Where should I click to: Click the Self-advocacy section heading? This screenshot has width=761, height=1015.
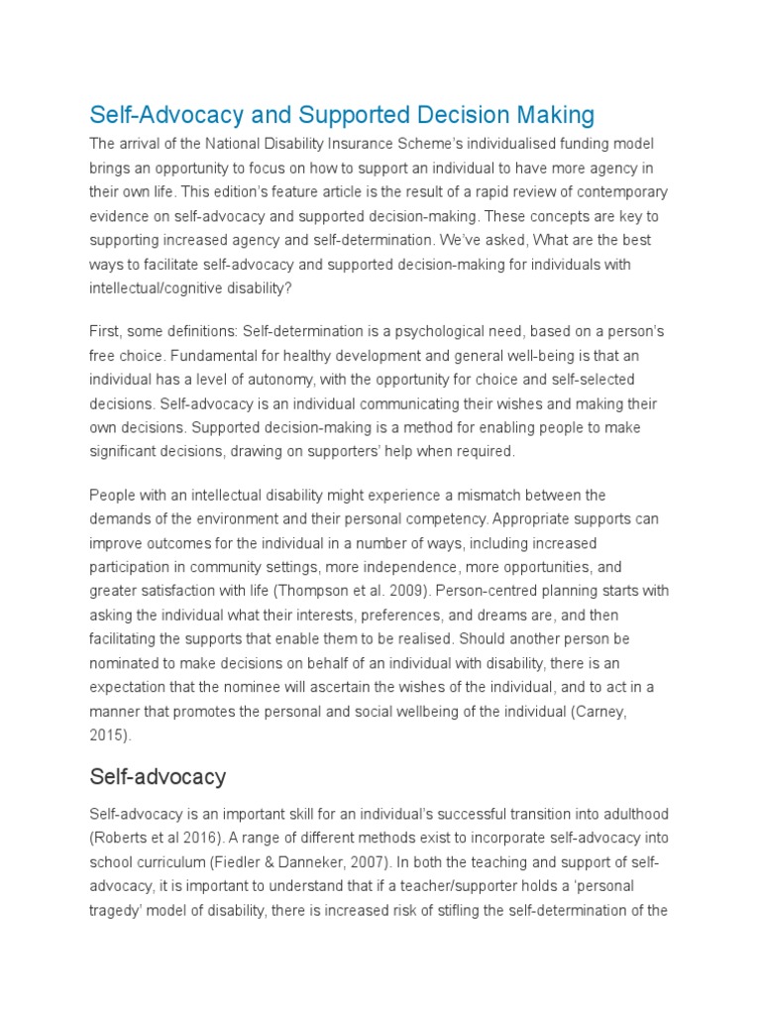tap(158, 775)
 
